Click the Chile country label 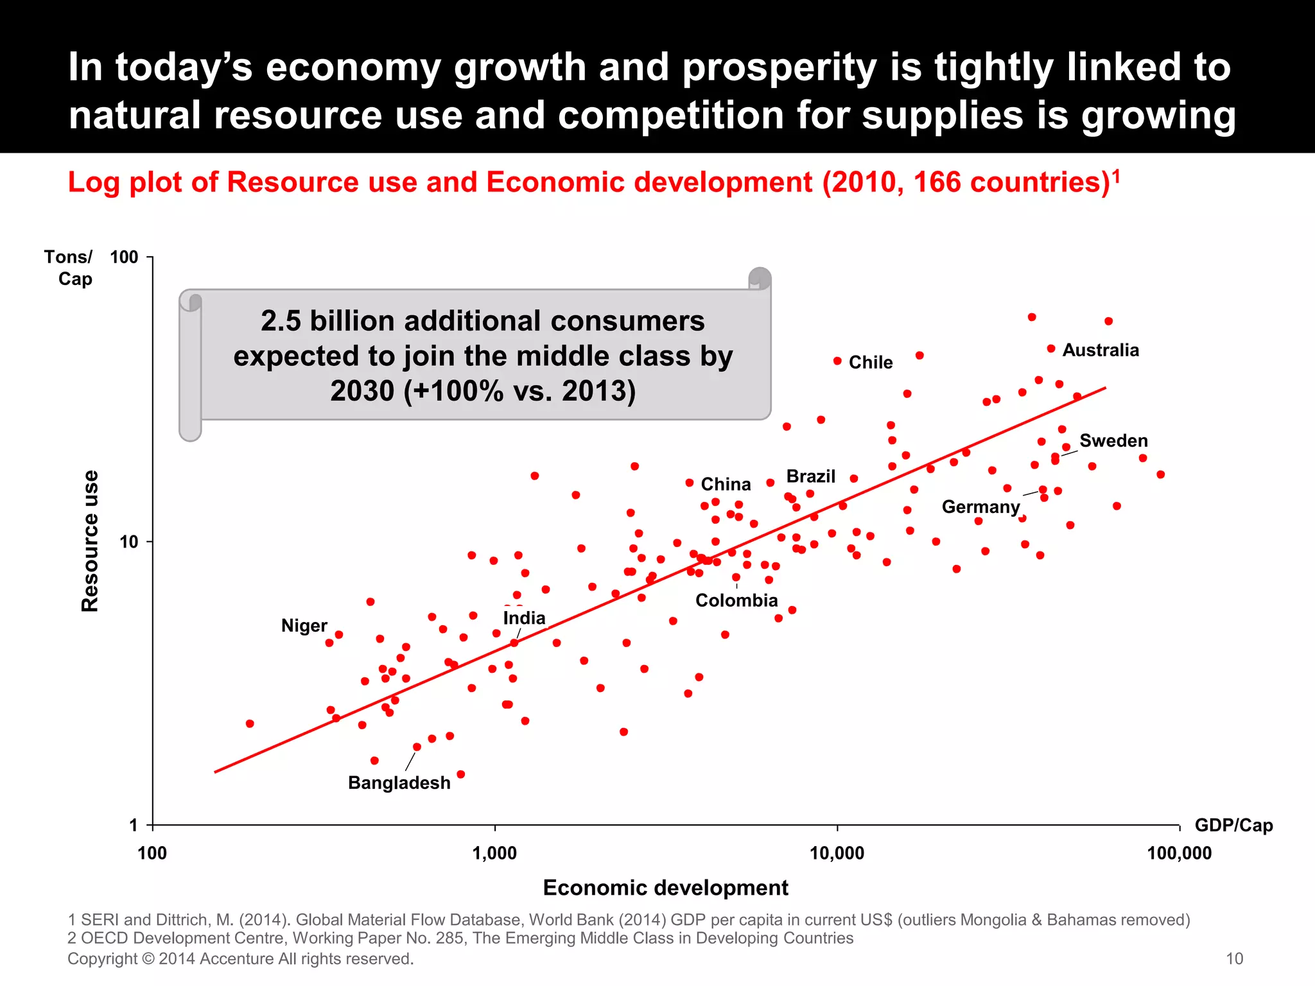(870, 363)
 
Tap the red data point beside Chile (837, 361)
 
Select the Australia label (1101, 350)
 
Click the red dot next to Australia (1051, 349)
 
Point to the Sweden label (1113, 441)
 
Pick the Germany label (980, 507)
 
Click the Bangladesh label (399, 783)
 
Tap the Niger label (304, 626)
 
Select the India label (524, 618)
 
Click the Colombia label (736, 601)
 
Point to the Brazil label (810, 477)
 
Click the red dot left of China (690, 483)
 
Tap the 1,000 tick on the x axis (494, 854)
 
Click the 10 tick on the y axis (128, 542)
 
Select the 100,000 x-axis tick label (1180, 854)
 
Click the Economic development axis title (665, 888)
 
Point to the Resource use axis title (90, 541)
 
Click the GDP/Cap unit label (1233, 826)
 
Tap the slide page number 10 (1234, 959)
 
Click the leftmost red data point (250, 723)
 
